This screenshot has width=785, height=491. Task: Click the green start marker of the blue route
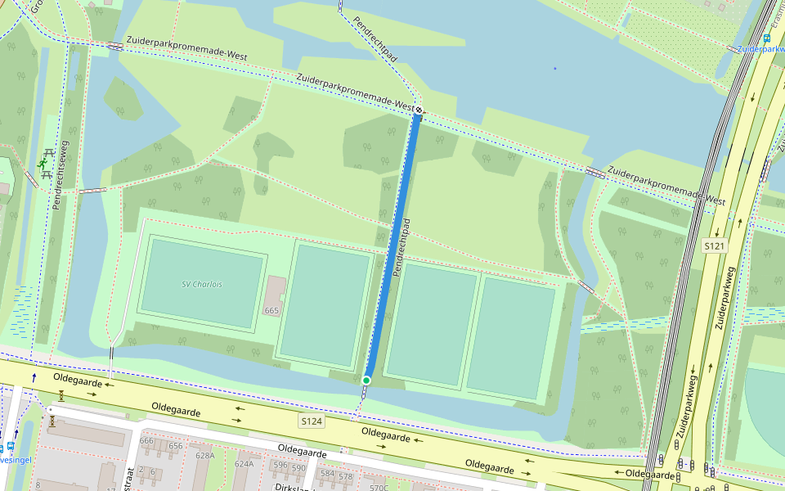click(x=366, y=380)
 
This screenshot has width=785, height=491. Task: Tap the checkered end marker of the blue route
click(x=418, y=110)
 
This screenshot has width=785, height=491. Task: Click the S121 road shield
click(x=715, y=245)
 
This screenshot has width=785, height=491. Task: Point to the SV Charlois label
click(x=202, y=284)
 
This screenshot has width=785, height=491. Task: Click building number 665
click(x=271, y=311)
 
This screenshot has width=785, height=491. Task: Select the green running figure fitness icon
click(x=42, y=164)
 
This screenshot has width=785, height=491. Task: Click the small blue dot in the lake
click(x=554, y=68)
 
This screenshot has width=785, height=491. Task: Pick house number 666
click(x=147, y=441)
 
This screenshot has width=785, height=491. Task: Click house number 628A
click(x=204, y=456)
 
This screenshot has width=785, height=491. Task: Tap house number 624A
click(x=244, y=463)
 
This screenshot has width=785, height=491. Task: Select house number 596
click(x=280, y=465)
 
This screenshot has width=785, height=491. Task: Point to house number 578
click(x=345, y=476)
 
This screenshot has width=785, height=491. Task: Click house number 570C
click(x=379, y=488)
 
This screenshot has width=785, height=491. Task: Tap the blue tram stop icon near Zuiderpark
click(x=767, y=37)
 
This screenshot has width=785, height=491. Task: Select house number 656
click(x=175, y=446)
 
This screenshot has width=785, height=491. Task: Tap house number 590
click(x=299, y=468)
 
